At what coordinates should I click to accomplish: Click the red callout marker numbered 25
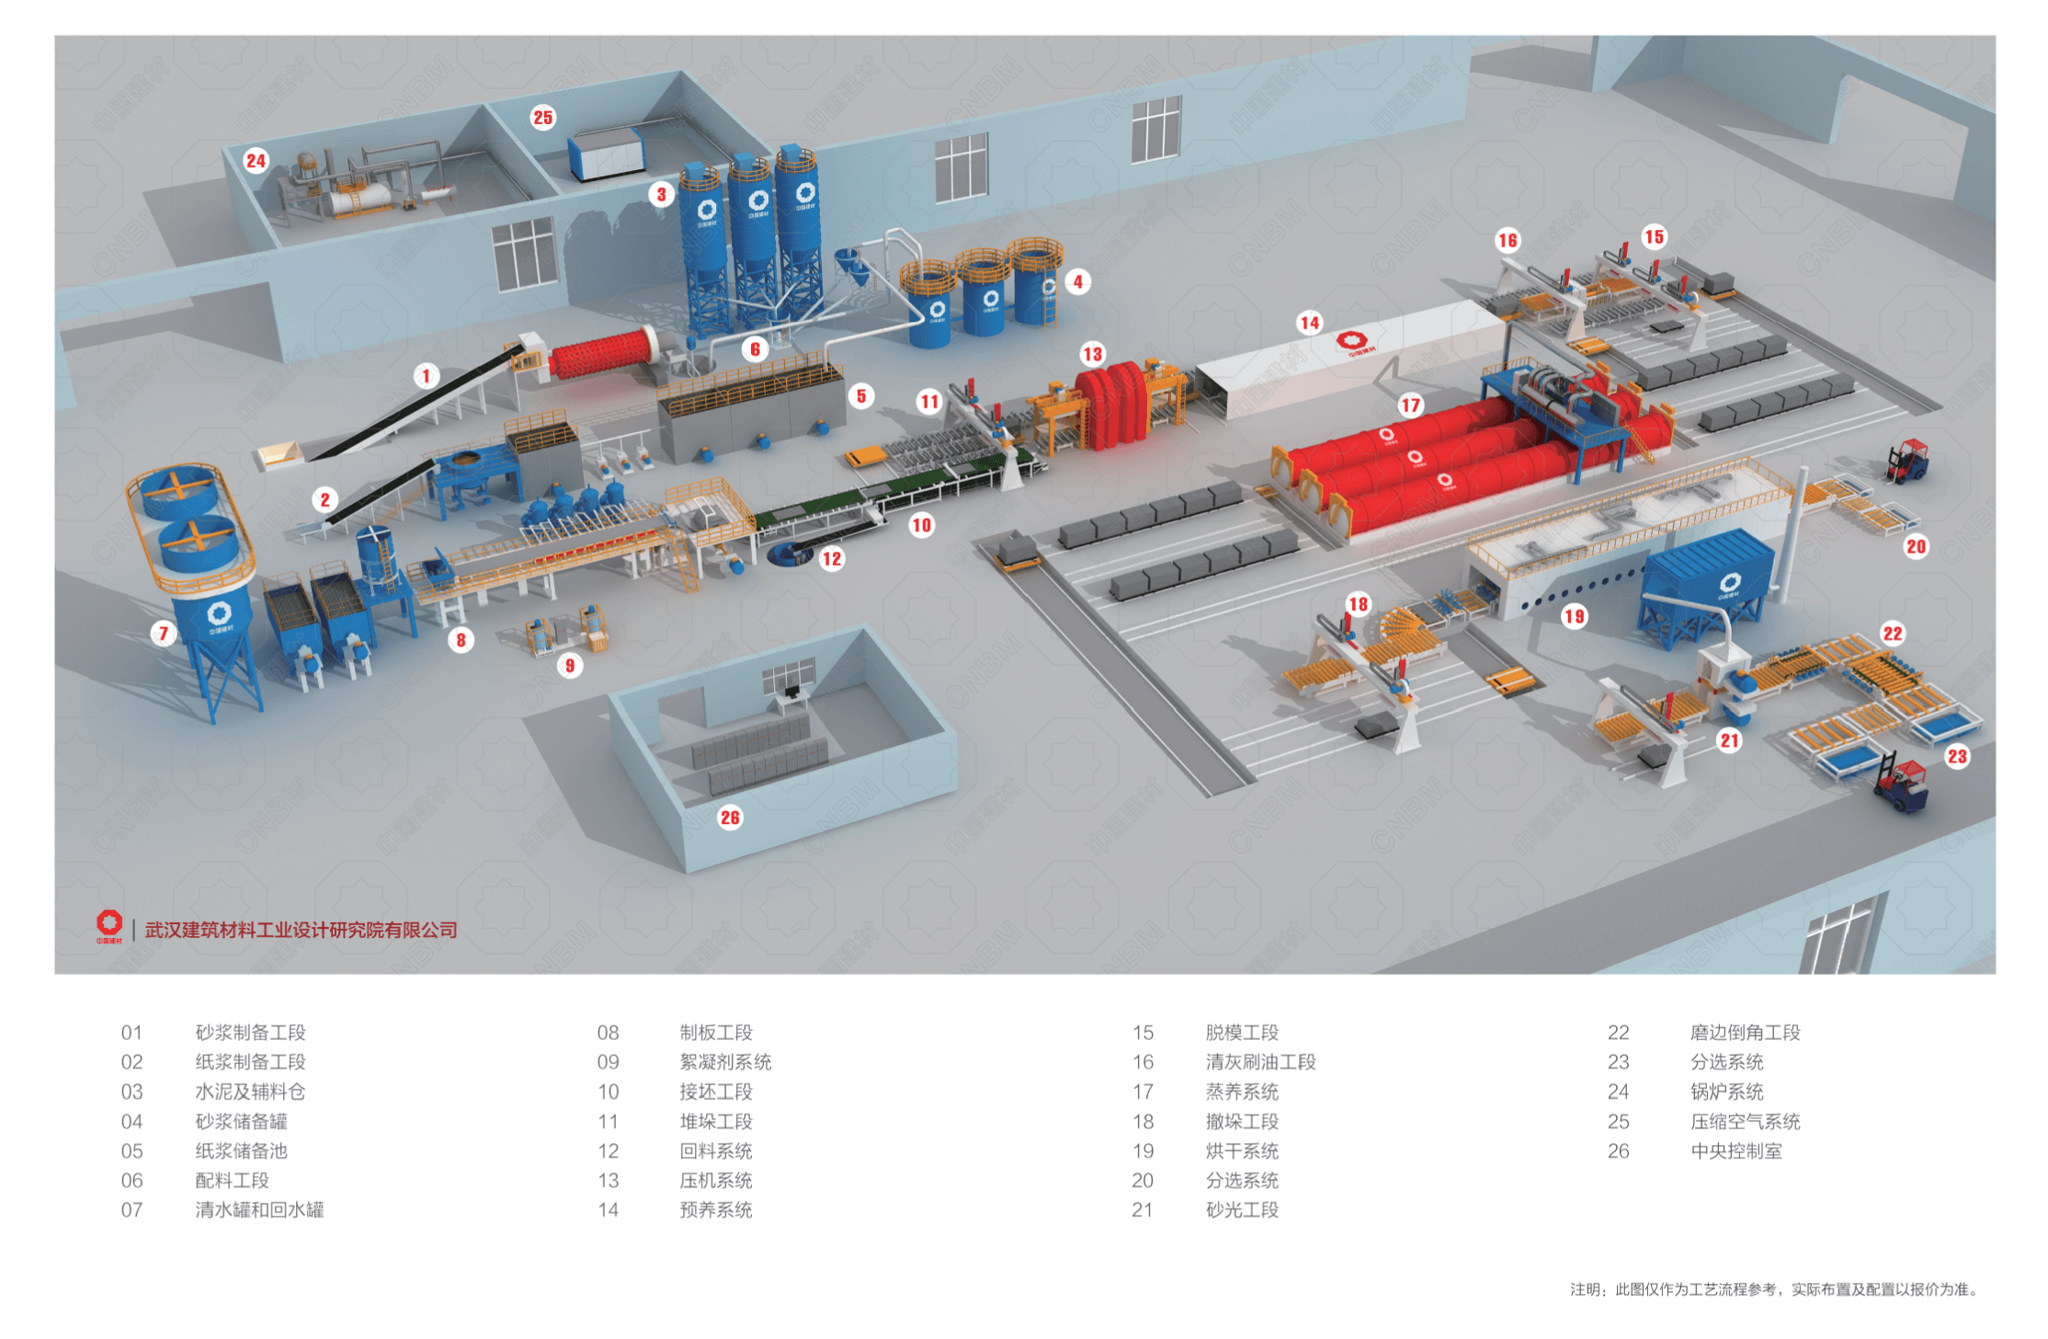pos(543,118)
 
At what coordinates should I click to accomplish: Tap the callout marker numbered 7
pos(164,633)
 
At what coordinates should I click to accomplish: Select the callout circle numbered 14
pos(1309,323)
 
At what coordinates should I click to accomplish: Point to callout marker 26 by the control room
pos(730,818)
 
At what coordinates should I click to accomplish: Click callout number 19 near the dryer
pos(1574,616)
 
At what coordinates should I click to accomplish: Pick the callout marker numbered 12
pos(832,558)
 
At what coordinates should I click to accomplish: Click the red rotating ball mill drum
pos(602,355)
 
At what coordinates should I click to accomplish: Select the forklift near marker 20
pos(1907,460)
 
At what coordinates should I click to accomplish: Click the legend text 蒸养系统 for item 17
pos(1242,1092)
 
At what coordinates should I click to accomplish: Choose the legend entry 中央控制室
pos(1735,1150)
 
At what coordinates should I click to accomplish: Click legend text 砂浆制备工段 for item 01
pos(250,1033)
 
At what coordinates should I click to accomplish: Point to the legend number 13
pos(609,1180)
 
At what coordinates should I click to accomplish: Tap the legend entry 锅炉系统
pos(1726,1092)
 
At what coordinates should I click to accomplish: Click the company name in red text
pos(302,930)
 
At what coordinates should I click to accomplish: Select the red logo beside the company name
pos(109,924)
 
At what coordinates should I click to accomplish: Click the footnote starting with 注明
pos(1774,1289)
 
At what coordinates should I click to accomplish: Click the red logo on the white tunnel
pos(1351,343)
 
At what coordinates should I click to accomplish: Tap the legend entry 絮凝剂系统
pos(725,1062)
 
